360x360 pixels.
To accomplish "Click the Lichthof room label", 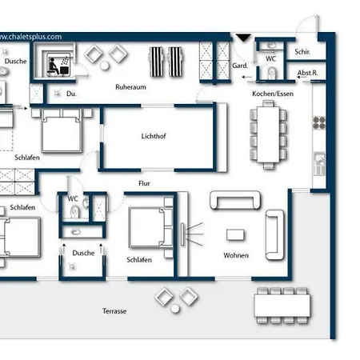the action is click(154, 136).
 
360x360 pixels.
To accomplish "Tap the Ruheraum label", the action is click(130, 87).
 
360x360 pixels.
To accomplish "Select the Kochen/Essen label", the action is click(273, 94).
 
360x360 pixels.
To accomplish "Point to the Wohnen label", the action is click(236, 255).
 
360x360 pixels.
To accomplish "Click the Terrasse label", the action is click(114, 311).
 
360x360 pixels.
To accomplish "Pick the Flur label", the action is click(144, 183).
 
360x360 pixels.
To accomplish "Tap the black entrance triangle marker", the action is click(243, 38).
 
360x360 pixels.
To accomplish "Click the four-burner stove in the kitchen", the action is click(319, 122).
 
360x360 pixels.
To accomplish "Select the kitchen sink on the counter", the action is click(319, 163).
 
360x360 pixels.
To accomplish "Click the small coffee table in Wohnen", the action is click(235, 235).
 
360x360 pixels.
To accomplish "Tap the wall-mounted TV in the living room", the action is click(182, 234).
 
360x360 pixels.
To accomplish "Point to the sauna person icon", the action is click(54, 66).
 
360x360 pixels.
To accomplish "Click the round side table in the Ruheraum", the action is click(105, 66).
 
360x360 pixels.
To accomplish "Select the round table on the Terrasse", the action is click(175, 309).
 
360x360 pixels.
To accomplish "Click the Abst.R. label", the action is click(307, 73).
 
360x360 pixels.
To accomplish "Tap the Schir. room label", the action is click(302, 52).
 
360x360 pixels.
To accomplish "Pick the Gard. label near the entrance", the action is click(240, 66).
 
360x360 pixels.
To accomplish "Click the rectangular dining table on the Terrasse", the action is click(282, 305).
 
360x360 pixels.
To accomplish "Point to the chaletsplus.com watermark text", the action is click(30, 37).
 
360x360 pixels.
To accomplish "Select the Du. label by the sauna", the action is click(71, 94).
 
